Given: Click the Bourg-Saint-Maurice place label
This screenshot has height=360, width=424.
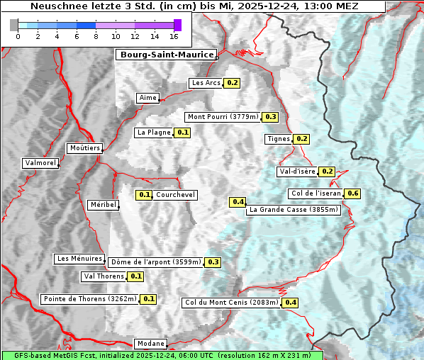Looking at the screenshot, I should (x=165, y=55).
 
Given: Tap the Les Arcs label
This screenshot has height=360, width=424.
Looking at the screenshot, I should (x=206, y=83).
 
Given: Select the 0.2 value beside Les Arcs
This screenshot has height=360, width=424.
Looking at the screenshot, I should (x=233, y=83).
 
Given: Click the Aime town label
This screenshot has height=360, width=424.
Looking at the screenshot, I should (x=148, y=98).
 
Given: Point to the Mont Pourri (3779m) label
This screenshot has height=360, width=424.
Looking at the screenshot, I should (x=223, y=117).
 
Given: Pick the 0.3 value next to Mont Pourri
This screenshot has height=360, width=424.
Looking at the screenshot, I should (x=271, y=117).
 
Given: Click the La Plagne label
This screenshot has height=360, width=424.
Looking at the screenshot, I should (x=153, y=133).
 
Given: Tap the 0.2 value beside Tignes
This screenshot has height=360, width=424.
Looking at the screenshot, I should (x=302, y=139).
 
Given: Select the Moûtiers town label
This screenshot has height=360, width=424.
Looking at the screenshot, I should (x=84, y=148).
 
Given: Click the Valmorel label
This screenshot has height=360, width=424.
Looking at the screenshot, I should (x=40, y=163).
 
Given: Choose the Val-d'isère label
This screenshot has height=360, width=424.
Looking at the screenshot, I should (x=297, y=171).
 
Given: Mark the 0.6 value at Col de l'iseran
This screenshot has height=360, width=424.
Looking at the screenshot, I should (x=353, y=193).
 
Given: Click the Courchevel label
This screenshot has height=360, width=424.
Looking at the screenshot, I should (x=175, y=195).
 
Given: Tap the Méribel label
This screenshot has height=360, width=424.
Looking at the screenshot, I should (x=103, y=205).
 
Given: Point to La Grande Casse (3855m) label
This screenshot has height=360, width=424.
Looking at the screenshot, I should (x=294, y=210).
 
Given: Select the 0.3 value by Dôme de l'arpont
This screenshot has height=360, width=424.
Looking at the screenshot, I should (x=213, y=262).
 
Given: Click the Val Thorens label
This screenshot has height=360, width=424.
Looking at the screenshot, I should (x=104, y=276).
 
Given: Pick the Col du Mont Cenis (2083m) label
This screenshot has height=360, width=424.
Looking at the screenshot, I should (x=231, y=303).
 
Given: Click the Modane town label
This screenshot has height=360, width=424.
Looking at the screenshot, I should (x=150, y=344).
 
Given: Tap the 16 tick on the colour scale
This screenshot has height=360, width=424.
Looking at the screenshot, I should (x=174, y=36).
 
